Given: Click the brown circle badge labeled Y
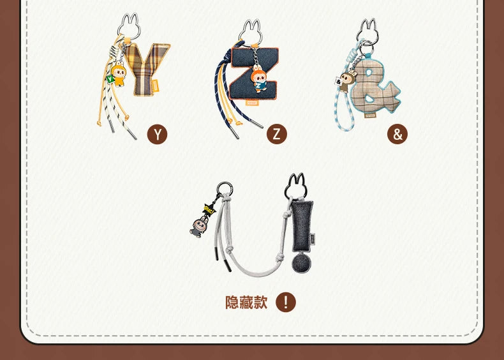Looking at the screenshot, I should click(157, 134).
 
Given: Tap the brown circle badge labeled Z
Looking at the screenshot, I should click(277, 134).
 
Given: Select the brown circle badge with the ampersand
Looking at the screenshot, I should click(397, 134).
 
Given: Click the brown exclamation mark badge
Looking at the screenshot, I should click(286, 302).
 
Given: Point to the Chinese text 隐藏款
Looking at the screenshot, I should click(246, 302).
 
